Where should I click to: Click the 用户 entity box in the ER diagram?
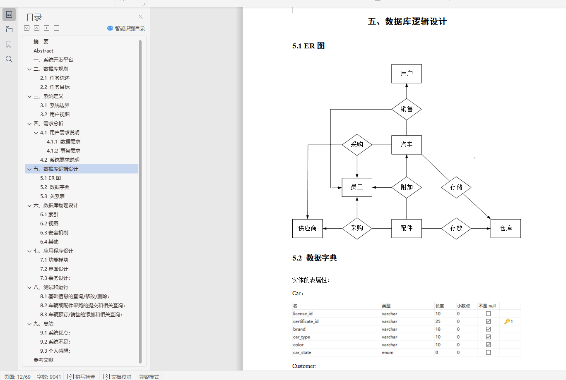[x=406, y=74]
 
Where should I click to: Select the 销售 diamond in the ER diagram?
[x=406, y=109]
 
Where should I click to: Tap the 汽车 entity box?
[x=406, y=145]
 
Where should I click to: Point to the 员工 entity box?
[x=356, y=187]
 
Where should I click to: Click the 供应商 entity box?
[x=307, y=228]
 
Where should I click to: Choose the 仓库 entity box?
[x=505, y=228]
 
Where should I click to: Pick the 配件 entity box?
[x=406, y=228]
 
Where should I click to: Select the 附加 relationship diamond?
[x=406, y=187]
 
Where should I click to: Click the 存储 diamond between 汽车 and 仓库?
[x=456, y=187]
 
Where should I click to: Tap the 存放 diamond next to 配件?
[x=456, y=228]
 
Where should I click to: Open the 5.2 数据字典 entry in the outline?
[x=55, y=187]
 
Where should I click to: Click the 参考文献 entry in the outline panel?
[x=43, y=360]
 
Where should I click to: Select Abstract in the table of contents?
[x=43, y=51]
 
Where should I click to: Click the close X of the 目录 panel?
[x=140, y=17]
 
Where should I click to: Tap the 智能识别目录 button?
[x=126, y=29]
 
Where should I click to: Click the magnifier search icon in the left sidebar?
[x=9, y=59]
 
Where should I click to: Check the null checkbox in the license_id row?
[x=488, y=314]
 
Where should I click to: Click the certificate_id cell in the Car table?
[x=306, y=322]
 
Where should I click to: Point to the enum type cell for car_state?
[x=388, y=353]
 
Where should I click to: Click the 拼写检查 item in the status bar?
[x=82, y=377]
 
